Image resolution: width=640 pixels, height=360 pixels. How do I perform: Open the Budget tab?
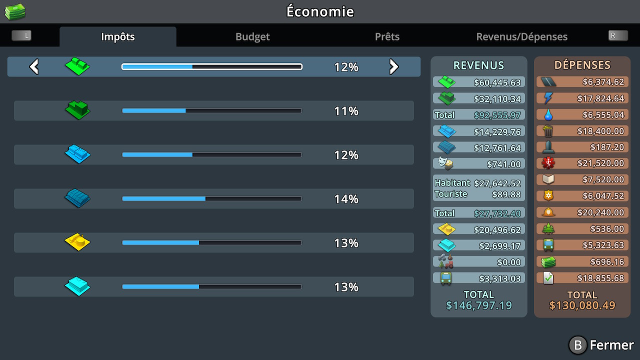coord(252,36)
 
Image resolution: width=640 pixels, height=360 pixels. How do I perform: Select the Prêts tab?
coord(387,36)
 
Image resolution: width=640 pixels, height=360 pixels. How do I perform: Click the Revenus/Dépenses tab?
coord(521,36)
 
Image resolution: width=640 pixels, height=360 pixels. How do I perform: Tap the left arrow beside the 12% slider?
coord(34,66)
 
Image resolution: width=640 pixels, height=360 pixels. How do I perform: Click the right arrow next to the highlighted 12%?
coord(394,66)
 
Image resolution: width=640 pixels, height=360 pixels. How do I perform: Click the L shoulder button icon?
coord(21,35)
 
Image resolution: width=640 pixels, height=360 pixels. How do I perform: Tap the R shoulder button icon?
coord(618,35)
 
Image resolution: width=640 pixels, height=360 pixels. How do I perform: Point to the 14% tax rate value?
coord(346,199)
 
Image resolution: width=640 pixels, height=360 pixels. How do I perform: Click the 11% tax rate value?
coord(346,111)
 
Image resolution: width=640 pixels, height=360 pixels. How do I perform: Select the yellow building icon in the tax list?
coord(77,242)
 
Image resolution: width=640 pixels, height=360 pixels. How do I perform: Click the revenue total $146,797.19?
coord(478,305)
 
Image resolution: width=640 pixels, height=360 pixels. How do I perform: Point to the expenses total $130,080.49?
coord(582,305)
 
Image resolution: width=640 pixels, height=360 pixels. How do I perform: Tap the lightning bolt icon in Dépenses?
coord(548,98)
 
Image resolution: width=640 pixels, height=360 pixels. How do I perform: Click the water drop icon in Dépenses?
coord(548,115)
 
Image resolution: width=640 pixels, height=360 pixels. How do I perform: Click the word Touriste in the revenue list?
coord(450,194)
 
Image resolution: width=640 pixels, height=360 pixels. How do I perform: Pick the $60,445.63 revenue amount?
coord(497,82)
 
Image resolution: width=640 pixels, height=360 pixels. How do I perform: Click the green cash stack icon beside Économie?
coord(15,11)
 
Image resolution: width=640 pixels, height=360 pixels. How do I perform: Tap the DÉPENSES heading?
coord(582,65)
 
